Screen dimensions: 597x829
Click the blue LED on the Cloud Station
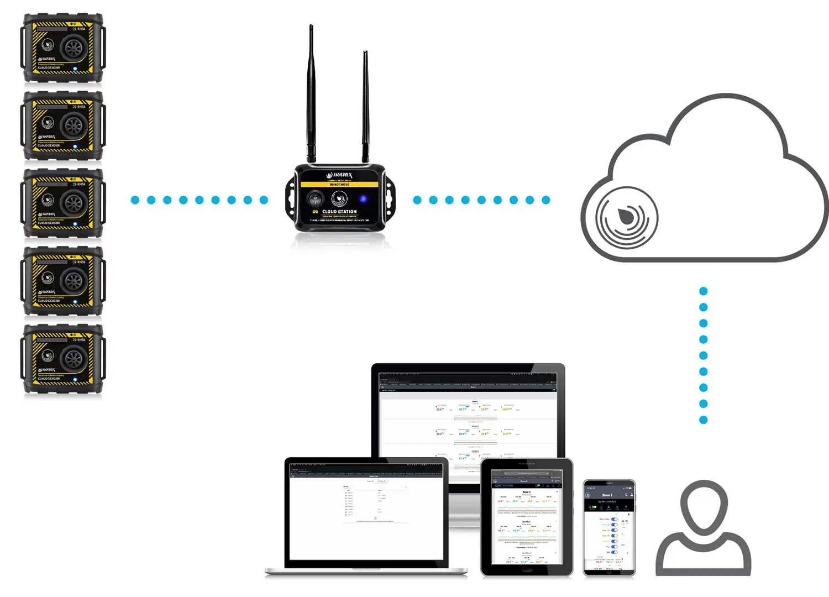(363, 199)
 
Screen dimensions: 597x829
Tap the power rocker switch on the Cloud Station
(315, 198)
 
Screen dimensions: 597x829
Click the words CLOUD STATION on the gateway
(339, 212)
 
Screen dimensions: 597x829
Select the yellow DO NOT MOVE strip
(339, 184)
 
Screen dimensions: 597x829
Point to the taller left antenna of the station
(311, 94)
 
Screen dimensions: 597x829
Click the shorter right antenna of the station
(365, 105)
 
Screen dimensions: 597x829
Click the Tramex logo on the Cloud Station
(339, 175)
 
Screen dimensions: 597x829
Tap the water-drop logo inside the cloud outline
(627, 216)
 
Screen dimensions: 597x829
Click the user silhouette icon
(703, 528)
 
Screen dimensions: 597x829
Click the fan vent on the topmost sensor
(74, 48)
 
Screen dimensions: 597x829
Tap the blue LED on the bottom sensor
(75, 380)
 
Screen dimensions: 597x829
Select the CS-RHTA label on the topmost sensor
(78, 29)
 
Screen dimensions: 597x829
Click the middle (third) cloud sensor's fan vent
(74, 203)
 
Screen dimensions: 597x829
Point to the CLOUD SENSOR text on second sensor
(49, 146)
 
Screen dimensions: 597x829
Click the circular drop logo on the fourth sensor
(48, 277)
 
